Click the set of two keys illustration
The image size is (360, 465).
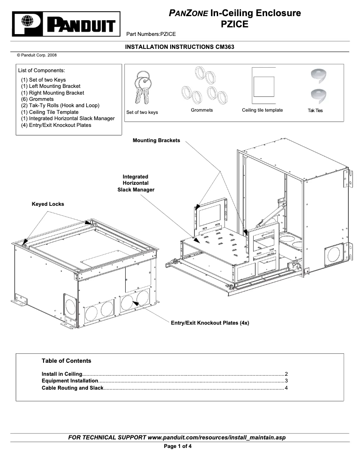click(x=143, y=87)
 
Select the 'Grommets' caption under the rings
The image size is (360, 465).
click(x=202, y=110)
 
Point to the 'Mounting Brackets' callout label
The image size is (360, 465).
click(x=156, y=140)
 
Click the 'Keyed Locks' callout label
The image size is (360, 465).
click(x=48, y=204)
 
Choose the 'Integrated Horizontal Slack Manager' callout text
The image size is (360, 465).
click(x=135, y=183)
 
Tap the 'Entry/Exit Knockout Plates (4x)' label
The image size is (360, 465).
click(x=210, y=323)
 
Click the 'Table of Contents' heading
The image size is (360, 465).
click(x=66, y=361)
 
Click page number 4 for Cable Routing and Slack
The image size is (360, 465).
click(x=286, y=388)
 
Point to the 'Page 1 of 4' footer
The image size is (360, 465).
click(x=178, y=446)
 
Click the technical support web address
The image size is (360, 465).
click(x=216, y=437)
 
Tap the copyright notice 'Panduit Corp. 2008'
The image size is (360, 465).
click(x=37, y=55)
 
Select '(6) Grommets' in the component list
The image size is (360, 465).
click(x=37, y=99)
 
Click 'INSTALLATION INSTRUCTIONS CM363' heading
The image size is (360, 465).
click(x=180, y=47)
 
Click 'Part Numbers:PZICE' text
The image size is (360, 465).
click(x=151, y=34)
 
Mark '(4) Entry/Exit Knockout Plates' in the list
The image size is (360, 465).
click(x=56, y=125)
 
